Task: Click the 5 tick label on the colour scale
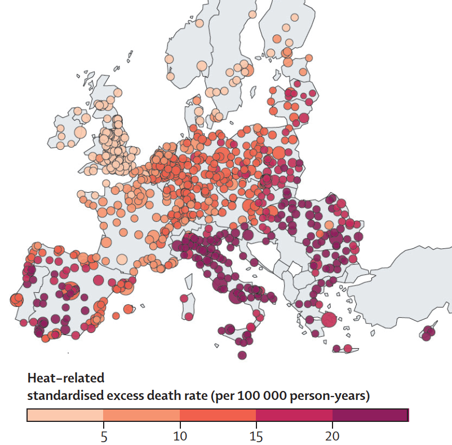(x=104, y=436)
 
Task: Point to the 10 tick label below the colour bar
(x=179, y=436)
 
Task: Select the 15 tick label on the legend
(x=256, y=436)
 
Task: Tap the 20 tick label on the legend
(x=332, y=436)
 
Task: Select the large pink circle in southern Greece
(x=329, y=319)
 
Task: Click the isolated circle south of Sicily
(x=242, y=355)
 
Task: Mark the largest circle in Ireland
(x=80, y=132)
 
